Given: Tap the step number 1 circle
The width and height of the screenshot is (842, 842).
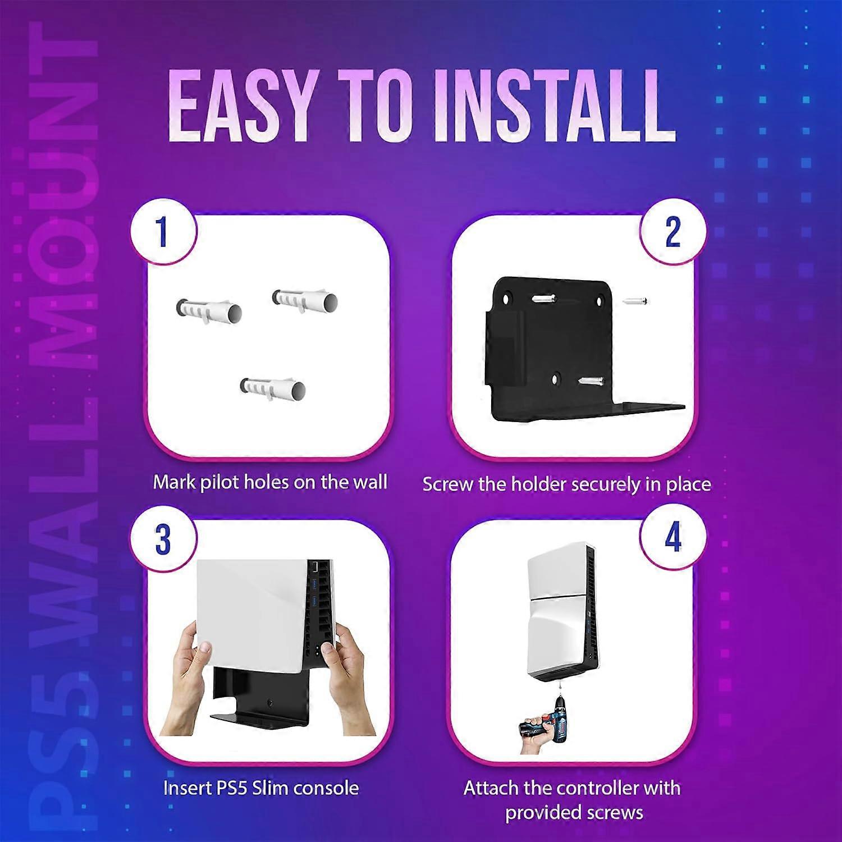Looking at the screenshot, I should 163,231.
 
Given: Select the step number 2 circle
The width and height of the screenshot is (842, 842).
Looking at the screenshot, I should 672,231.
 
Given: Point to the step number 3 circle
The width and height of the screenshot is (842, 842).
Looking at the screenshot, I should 163,539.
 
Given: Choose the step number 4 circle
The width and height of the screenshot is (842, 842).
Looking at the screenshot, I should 672,537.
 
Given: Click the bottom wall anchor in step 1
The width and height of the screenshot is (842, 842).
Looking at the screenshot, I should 273,388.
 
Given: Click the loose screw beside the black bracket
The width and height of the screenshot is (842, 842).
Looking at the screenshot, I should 635,301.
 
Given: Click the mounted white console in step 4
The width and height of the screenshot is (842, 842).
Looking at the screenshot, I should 567,612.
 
